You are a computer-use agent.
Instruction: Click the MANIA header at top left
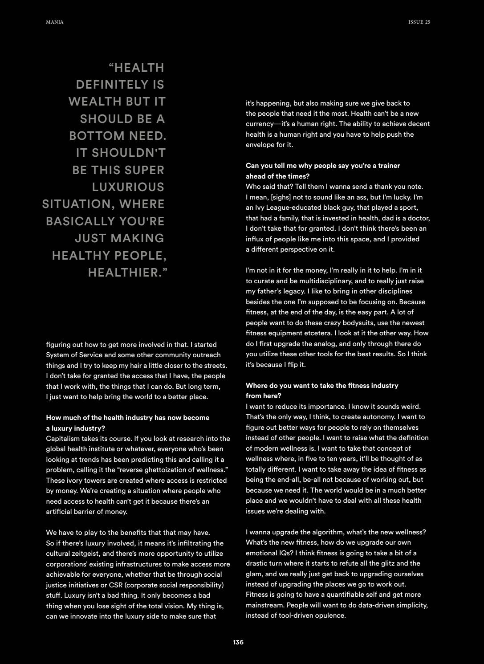55,22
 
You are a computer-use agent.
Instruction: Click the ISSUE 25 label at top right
419,22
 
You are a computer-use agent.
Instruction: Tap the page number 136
238,642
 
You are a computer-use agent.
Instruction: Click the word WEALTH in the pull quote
95,102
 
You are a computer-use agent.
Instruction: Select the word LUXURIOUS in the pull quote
128,187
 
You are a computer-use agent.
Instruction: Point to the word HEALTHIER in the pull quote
125,273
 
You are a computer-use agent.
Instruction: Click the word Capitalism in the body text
62,439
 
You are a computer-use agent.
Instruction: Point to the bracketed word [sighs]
283,197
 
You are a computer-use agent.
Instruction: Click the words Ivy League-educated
285,208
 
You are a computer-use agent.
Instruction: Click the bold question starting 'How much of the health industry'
127,418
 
